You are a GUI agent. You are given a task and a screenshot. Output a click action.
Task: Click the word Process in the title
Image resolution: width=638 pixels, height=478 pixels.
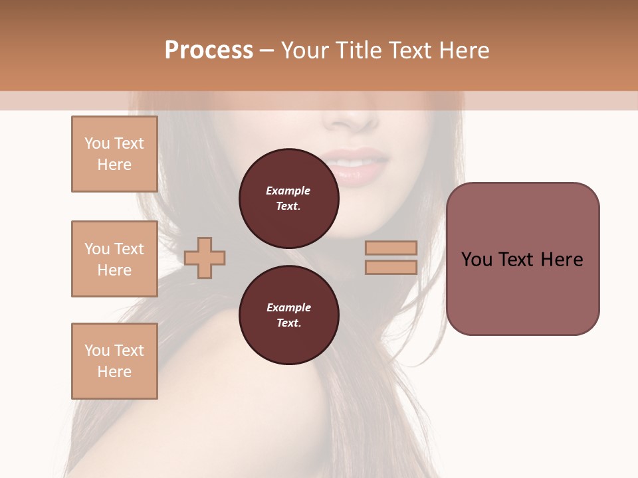209,50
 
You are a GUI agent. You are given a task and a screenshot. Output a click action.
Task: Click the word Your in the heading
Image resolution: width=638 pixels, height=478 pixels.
305,50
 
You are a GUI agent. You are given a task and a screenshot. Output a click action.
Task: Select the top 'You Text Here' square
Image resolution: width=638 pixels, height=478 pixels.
114,154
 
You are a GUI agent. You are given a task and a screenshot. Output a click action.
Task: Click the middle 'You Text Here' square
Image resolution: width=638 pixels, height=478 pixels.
114,259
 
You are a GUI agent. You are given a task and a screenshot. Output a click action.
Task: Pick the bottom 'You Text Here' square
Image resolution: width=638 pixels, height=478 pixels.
114,361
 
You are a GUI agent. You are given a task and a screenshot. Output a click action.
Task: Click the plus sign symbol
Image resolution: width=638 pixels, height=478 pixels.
205,258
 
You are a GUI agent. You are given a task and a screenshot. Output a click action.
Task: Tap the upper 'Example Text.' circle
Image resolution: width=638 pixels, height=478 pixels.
288,199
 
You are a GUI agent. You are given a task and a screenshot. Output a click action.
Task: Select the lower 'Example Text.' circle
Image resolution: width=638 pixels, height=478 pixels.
288,315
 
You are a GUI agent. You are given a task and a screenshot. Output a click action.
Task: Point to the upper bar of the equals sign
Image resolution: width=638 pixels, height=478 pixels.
391,248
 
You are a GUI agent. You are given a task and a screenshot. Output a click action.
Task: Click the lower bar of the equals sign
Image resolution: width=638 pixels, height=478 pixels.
391,268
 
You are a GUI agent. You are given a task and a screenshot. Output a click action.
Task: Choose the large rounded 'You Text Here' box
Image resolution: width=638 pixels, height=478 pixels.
522,259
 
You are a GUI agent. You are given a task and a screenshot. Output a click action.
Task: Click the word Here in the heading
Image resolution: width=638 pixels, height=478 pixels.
463,50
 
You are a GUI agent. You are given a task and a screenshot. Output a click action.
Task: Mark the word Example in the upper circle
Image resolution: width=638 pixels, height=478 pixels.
288,191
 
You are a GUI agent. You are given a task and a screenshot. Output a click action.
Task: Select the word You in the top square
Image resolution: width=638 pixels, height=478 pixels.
96,143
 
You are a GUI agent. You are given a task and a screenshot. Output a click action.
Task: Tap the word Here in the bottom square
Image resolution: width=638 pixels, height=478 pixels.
114,372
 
